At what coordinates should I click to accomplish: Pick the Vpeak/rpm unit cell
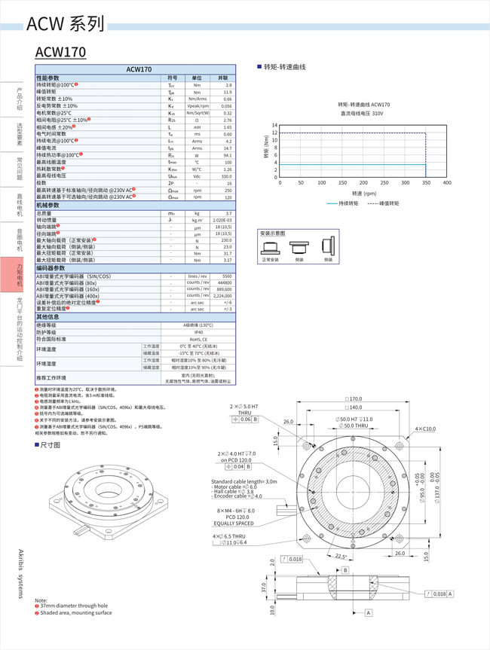[x=197, y=106]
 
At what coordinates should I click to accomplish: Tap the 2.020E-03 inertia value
[x=223, y=220]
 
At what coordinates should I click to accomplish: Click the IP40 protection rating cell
[x=198, y=332]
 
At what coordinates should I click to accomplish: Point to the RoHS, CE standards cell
[x=198, y=339]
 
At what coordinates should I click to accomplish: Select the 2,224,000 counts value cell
[x=223, y=296]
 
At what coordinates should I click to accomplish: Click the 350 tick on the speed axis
[x=426, y=183]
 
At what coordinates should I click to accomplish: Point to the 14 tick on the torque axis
[x=274, y=125]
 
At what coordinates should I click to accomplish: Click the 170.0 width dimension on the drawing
[x=354, y=399]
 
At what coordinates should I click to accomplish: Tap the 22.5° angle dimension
[x=341, y=557]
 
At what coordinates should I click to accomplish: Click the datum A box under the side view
[x=369, y=613]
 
